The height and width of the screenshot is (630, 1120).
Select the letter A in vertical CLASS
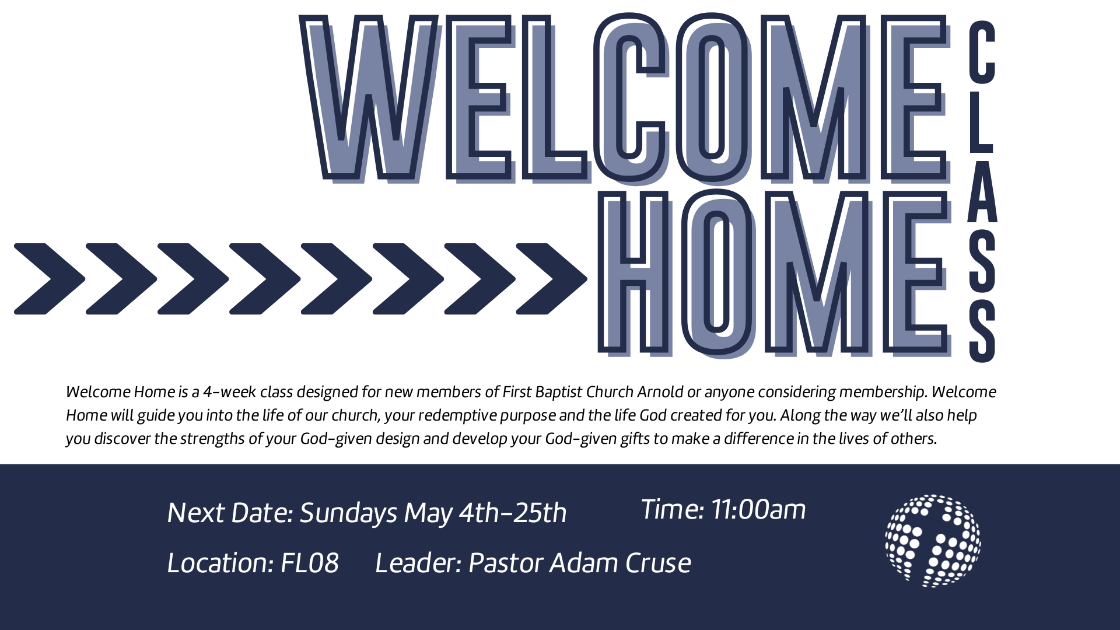982,191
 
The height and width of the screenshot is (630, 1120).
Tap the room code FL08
310,563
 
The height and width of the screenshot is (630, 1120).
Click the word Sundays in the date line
349,514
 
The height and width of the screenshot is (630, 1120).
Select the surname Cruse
658,563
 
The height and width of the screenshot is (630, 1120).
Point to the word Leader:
418,563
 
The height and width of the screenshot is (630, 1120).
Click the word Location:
220,563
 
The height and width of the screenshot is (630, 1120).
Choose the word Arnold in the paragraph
660,391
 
